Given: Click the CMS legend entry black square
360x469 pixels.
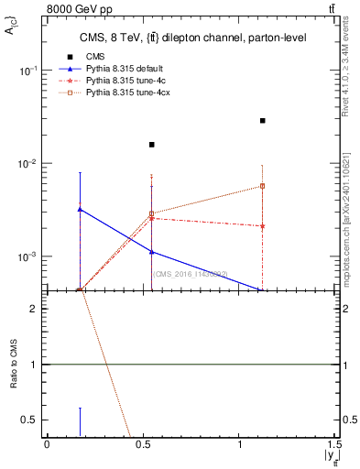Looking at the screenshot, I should coord(71,57).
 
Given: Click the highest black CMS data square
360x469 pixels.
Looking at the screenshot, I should coord(263,120).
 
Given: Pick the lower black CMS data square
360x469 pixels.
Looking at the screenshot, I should coord(152,145).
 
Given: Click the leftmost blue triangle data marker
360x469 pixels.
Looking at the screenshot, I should coord(81,209).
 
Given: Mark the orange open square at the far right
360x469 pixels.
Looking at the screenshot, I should coord(263,186).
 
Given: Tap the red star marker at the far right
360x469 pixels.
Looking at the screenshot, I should coord(263,226).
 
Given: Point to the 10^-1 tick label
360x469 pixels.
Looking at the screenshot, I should coord(27,71).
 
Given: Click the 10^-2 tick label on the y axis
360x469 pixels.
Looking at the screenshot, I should coord(27,164).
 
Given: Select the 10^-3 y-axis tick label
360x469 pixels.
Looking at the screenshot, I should coord(27,257).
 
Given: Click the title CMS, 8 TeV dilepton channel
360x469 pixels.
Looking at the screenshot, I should coord(188,38).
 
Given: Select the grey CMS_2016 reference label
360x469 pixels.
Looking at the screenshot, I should coord(190,274).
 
